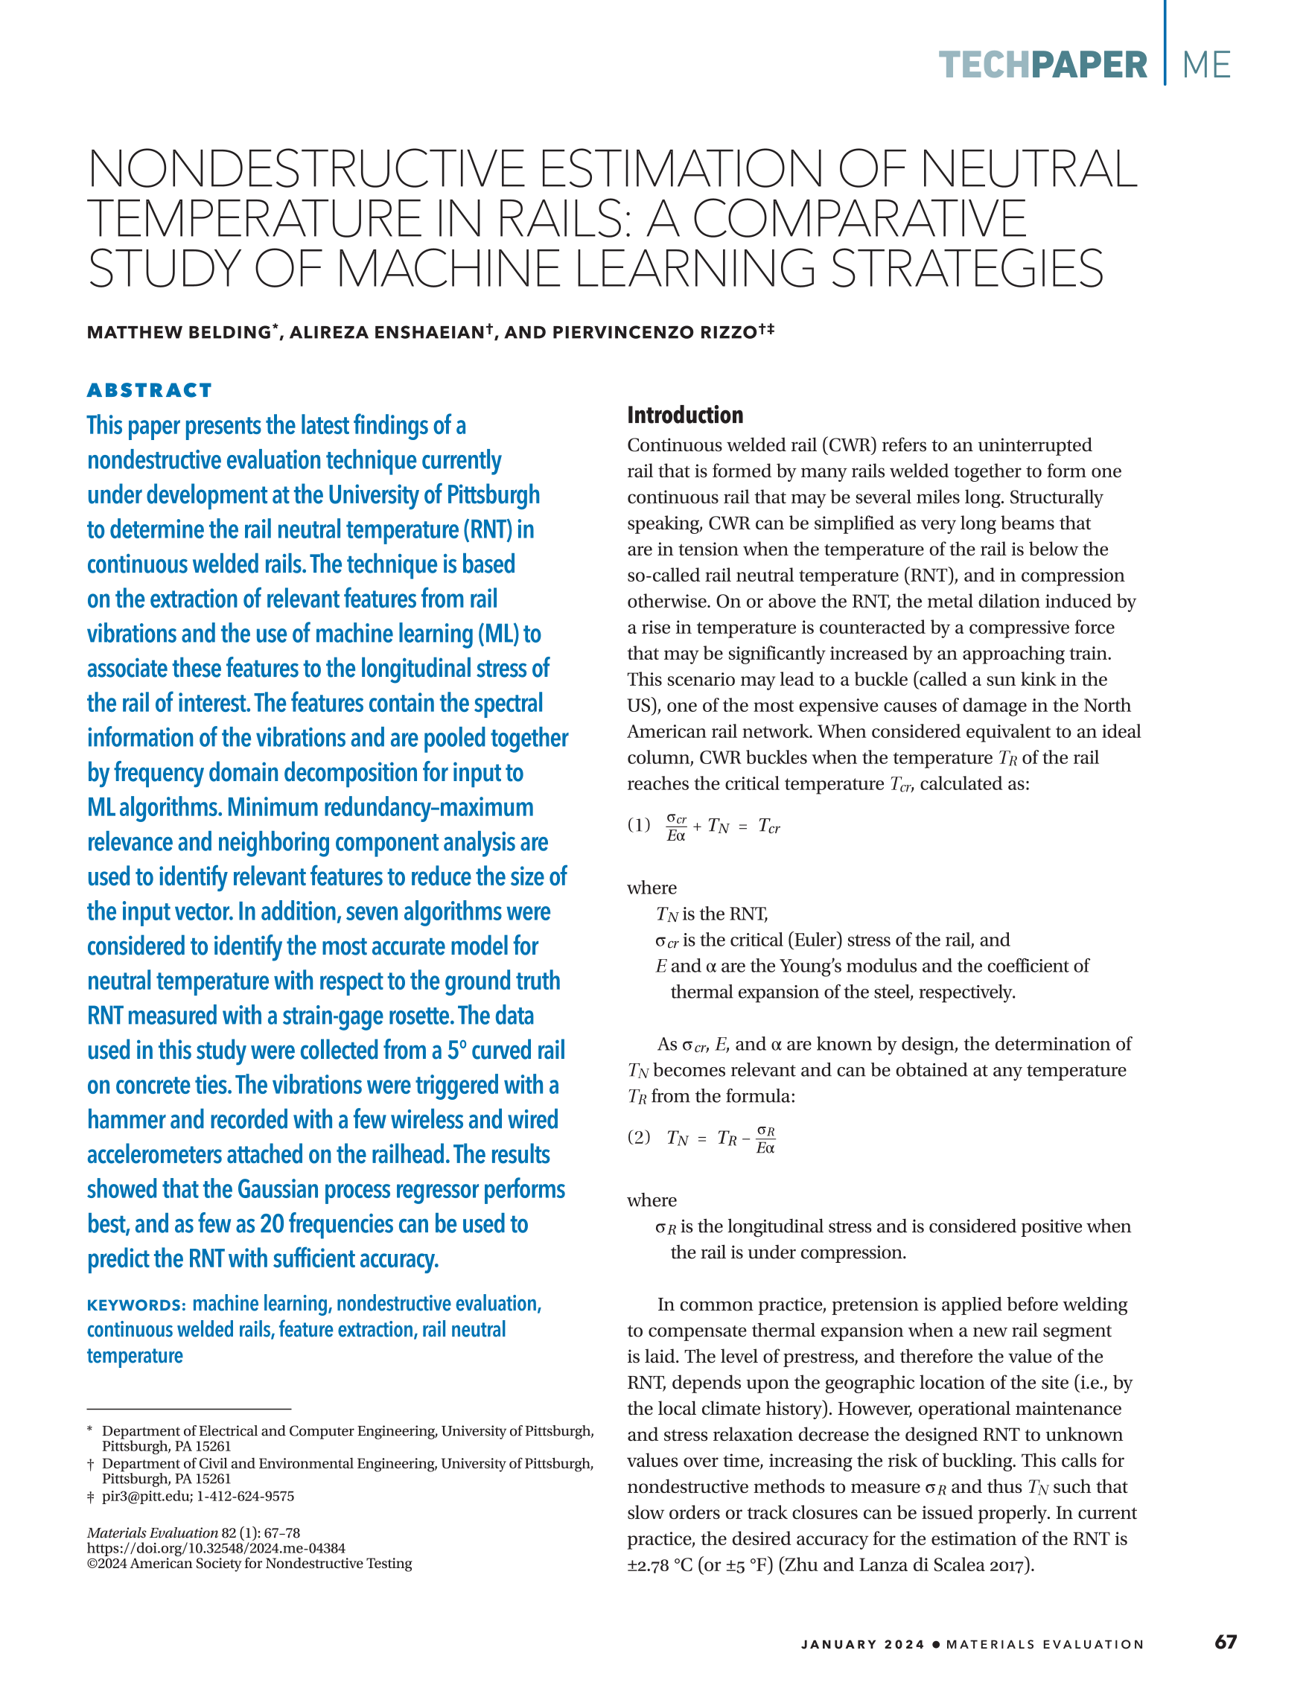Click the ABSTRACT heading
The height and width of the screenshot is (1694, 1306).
pos(149,390)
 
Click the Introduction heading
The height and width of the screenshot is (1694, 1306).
pos(685,415)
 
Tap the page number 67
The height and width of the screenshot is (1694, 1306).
pos(1226,1642)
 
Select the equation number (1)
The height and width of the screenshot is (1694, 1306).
pos(639,824)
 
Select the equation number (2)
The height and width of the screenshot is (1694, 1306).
pos(639,1137)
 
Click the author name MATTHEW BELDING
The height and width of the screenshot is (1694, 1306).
pos(179,333)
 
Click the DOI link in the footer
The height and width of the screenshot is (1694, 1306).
pos(216,1548)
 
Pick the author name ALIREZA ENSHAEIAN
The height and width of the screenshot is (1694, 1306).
pos(387,333)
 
